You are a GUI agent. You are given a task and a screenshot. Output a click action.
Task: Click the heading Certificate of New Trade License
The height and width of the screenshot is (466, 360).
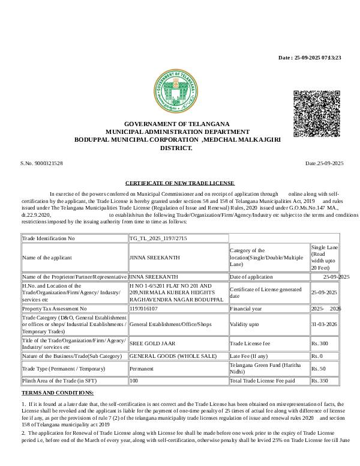[179, 183]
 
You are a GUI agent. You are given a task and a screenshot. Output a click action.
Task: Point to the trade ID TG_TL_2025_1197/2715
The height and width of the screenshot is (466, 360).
[158, 238]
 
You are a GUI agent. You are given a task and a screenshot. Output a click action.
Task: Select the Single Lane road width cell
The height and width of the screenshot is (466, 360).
[325, 257]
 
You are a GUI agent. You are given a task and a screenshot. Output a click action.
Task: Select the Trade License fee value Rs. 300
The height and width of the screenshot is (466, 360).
[320, 343]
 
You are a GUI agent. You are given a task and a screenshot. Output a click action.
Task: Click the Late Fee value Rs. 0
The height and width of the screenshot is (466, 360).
[317, 356]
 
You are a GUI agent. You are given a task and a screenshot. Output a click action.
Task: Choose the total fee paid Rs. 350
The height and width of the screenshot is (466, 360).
[320, 381]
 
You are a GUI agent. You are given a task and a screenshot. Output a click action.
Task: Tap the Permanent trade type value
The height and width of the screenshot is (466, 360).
[142, 368]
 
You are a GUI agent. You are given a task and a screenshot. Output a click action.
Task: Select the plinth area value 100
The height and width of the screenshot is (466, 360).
[134, 381]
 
